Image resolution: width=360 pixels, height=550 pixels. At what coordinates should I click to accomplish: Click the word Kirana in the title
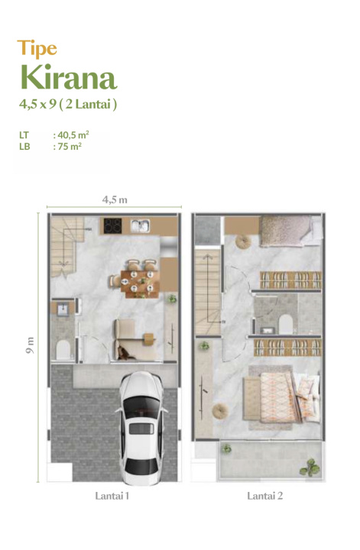[69, 77]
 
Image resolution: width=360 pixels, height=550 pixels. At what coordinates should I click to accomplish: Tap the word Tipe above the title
[37, 48]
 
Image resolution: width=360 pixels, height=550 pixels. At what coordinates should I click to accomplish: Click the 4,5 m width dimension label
[115, 199]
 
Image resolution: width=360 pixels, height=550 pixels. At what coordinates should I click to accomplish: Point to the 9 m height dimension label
[30, 345]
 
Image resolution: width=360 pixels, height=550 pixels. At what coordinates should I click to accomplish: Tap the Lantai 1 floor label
[112, 496]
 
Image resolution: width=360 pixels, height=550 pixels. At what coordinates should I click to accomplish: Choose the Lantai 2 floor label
[265, 496]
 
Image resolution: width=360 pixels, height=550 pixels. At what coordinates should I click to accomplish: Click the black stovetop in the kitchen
[112, 225]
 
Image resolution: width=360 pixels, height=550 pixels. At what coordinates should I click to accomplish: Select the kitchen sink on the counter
[141, 225]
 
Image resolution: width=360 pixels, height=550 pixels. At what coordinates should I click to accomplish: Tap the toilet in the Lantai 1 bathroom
[63, 349]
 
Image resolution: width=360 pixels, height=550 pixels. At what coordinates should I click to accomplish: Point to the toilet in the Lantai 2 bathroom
[286, 323]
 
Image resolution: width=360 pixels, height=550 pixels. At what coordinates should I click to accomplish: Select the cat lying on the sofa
[125, 353]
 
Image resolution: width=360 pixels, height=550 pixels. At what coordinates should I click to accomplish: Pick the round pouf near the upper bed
[243, 241]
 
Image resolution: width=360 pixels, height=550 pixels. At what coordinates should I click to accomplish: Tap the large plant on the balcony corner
[310, 467]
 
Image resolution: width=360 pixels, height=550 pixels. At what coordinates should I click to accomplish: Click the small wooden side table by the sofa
[149, 339]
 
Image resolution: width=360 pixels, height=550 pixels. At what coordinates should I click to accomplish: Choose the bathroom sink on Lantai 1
[63, 309]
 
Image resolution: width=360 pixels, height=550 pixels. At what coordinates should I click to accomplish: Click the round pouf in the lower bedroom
[220, 410]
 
